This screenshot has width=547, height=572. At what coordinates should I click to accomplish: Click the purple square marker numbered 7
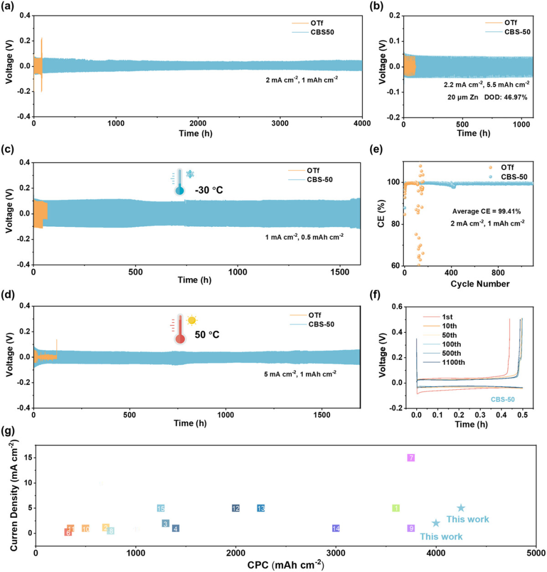(x=411, y=457)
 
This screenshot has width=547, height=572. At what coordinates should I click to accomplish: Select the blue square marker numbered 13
(x=261, y=508)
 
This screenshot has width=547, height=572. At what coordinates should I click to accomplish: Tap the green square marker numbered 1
(x=396, y=508)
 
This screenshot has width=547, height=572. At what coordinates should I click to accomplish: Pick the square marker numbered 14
(x=336, y=528)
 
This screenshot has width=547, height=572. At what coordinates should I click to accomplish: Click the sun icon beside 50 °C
(x=192, y=320)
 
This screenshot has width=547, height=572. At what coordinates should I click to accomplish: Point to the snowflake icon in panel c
(x=191, y=175)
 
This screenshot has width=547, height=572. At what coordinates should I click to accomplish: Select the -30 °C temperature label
(x=209, y=190)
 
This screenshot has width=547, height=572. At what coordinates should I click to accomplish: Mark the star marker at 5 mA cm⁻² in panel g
(x=461, y=508)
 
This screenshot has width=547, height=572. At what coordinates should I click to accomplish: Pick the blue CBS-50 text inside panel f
(x=502, y=399)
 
